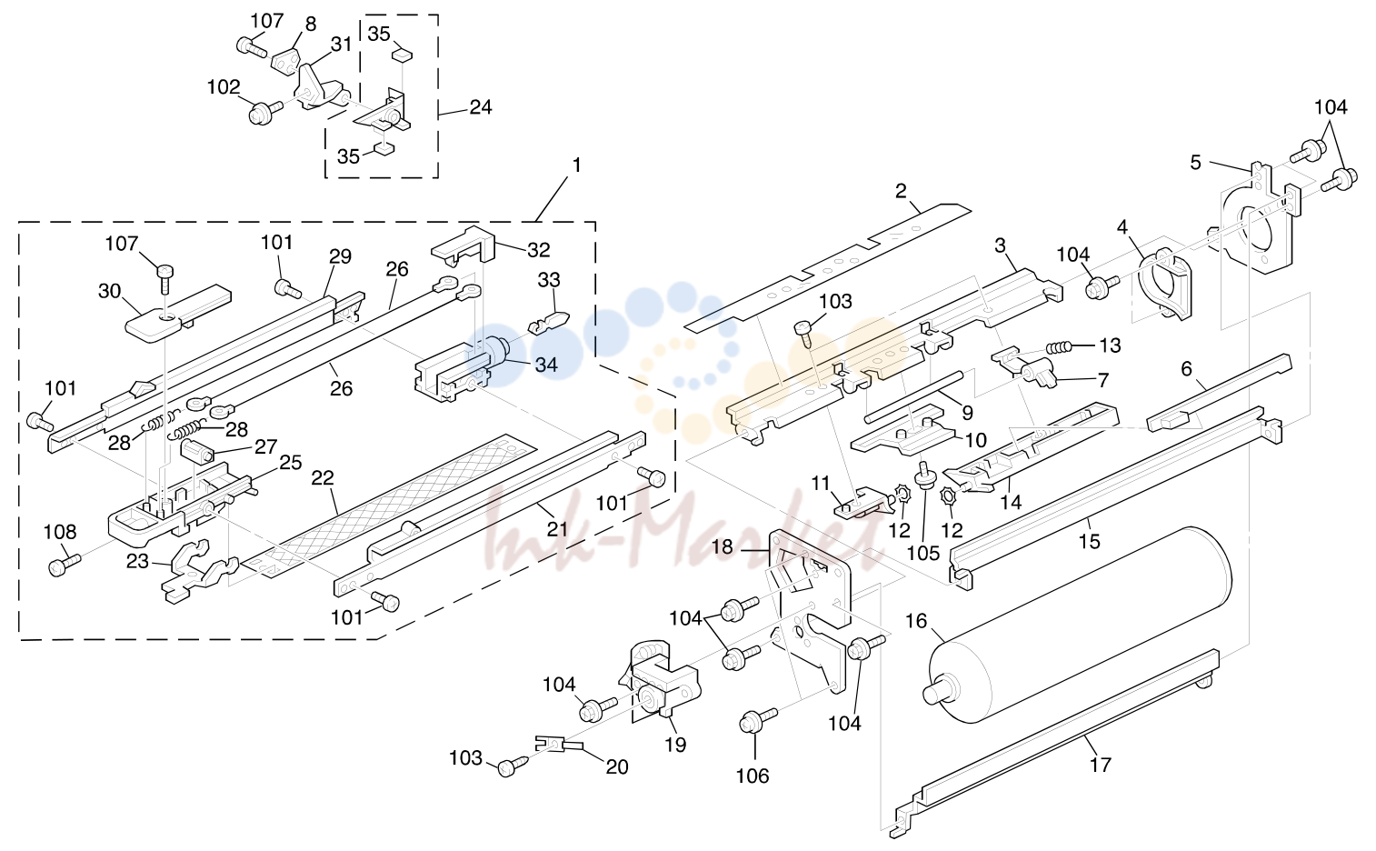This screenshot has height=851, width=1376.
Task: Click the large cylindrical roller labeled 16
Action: (x=1078, y=625)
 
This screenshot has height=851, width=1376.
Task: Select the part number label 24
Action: (x=481, y=107)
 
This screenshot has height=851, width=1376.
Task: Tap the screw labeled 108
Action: (x=64, y=564)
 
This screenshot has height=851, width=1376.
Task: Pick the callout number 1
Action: (x=576, y=165)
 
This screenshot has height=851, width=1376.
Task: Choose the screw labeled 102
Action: (x=265, y=112)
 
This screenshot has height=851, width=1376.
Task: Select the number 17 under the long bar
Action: (x=1100, y=765)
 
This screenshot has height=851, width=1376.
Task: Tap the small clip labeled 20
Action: (x=558, y=744)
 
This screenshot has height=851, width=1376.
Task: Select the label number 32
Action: (x=539, y=250)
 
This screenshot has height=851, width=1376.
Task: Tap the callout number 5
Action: (x=1195, y=163)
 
